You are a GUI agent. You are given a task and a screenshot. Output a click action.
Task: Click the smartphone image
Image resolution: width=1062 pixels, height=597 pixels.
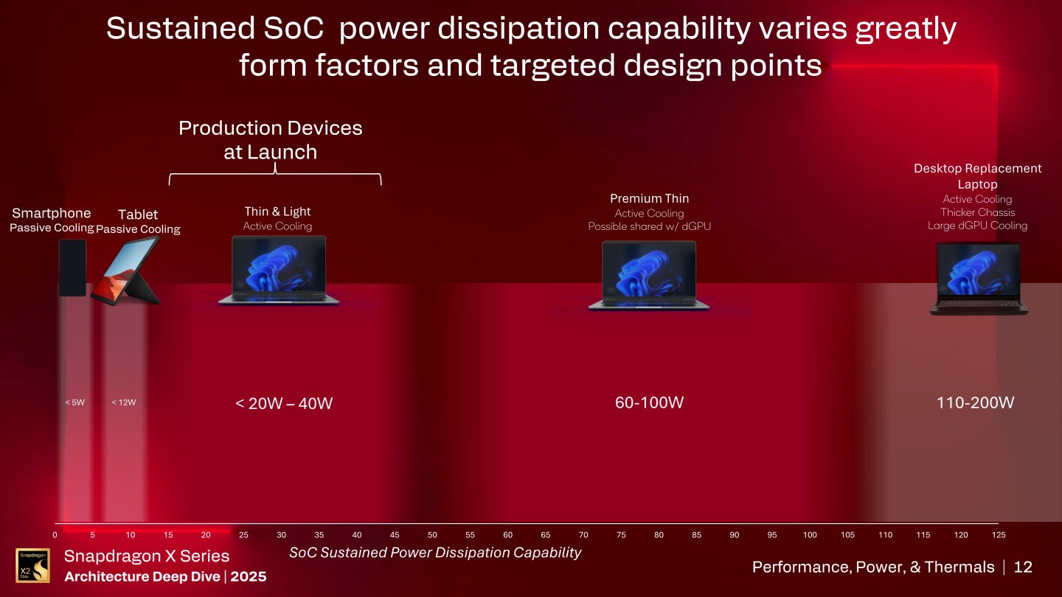(72, 268)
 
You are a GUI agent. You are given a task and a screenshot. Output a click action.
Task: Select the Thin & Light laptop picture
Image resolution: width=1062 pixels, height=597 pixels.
(279, 270)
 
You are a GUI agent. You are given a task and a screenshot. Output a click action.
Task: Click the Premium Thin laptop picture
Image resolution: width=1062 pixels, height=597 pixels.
(649, 275)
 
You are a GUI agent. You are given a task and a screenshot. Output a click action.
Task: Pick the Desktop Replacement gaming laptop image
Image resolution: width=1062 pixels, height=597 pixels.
(979, 279)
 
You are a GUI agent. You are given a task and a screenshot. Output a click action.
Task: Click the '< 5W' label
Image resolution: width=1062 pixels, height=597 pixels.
(74, 402)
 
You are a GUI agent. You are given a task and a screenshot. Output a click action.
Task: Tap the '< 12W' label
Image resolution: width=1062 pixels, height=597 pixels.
(124, 402)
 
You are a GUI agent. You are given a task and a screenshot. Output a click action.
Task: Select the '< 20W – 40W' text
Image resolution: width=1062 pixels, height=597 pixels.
(284, 403)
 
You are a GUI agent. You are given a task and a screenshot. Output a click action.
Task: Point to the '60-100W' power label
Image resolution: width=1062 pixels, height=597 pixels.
(649, 402)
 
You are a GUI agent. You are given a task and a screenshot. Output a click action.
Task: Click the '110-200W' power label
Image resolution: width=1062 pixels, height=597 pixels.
(975, 402)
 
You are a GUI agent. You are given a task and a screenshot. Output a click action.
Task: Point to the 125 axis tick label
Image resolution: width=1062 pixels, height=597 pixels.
(999, 534)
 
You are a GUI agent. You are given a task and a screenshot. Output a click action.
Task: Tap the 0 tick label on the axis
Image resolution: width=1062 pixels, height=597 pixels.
(55, 534)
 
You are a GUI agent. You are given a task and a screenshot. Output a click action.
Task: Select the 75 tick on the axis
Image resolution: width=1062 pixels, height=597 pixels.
(621, 534)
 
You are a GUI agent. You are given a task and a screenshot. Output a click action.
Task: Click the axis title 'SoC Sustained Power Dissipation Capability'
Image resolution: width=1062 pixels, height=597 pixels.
(435, 552)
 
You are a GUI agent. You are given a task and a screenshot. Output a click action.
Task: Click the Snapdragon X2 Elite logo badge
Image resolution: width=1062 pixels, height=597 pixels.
(32, 565)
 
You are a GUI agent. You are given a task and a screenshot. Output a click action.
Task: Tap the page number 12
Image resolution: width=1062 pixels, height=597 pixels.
(1023, 567)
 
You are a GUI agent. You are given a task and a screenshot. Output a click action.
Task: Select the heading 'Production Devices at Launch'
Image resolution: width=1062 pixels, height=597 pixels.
(271, 140)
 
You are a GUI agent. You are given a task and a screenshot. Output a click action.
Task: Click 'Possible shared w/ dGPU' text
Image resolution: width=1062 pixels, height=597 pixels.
(649, 226)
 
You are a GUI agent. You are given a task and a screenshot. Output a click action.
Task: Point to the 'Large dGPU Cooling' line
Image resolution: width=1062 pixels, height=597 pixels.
(977, 226)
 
